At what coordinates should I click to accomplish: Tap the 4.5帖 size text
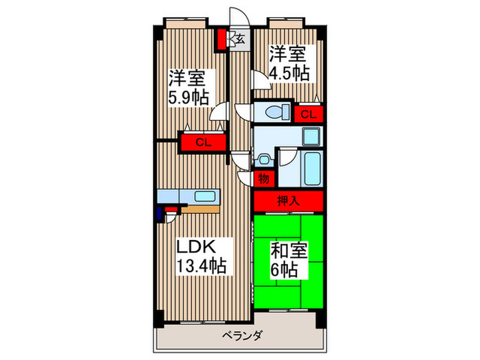(289, 73)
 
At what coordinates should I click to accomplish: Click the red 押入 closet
(288, 201)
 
